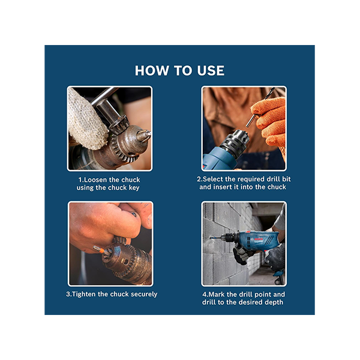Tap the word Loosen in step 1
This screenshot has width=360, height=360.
[95, 179]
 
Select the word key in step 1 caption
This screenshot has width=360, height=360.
[134, 188]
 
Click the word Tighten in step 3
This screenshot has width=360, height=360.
[84, 295]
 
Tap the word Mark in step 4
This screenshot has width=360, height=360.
[216, 295]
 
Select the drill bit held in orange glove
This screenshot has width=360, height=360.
[260, 108]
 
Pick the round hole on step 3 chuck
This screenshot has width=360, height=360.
[125, 262]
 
